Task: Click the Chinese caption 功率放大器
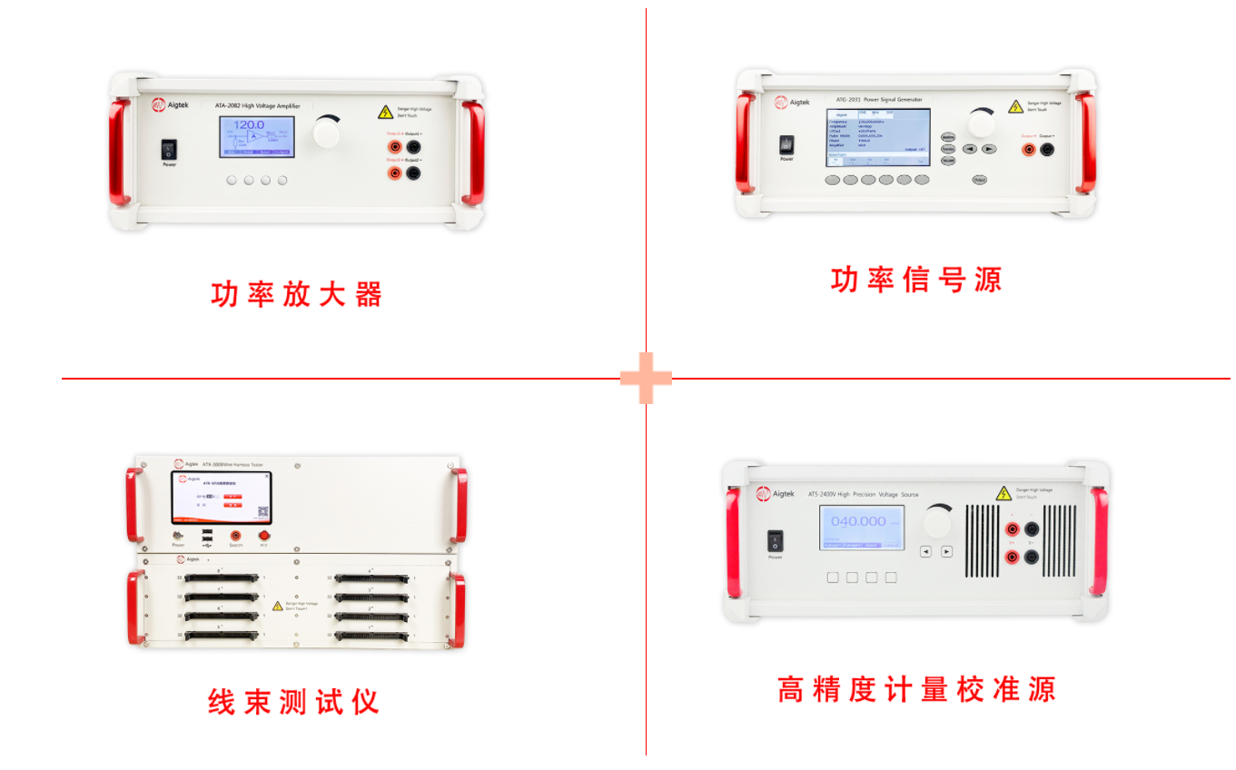click(297, 294)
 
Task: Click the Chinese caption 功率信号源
click(915, 279)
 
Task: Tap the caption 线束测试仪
click(293, 701)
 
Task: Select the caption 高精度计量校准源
click(916, 689)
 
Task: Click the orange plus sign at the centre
click(646, 378)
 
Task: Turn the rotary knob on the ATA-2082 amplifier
click(328, 133)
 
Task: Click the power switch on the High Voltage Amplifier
click(169, 149)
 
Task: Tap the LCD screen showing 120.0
click(256, 136)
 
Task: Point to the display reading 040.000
click(862, 527)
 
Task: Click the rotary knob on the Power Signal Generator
click(981, 123)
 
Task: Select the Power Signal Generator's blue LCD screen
click(877, 137)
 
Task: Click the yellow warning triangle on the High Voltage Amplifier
click(386, 112)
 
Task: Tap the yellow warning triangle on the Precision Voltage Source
click(1003, 493)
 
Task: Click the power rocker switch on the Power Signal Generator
click(786, 143)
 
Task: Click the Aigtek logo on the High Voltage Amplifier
click(159, 105)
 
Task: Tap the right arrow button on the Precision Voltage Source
click(946, 551)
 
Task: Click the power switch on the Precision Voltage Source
click(775, 540)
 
